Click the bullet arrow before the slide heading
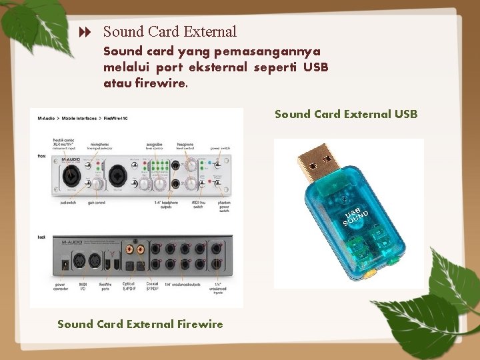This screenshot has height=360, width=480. click(85, 32)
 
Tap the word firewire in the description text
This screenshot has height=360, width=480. click(161, 83)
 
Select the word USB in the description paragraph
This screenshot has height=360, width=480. click(315, 67)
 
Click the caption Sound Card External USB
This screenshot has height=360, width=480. click(346, 114)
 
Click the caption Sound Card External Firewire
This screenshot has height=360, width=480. click(140, 324)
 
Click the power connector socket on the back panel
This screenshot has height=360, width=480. click(65, 264)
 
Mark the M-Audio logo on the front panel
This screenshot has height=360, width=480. click(70, 159)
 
